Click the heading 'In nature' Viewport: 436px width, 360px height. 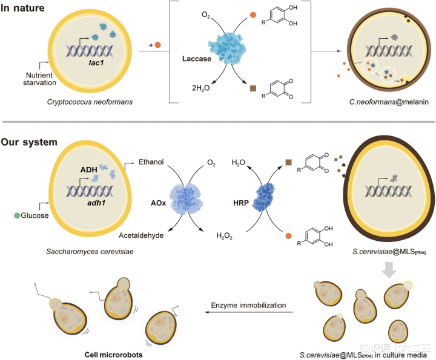(x=22, y=8)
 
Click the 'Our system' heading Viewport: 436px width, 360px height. (x=29, y=142)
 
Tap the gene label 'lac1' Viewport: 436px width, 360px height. (x=96, y=63)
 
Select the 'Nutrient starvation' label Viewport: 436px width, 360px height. (x=39, y=79)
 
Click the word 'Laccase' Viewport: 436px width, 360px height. (x=197, y=59)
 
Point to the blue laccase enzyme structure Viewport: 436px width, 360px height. (x=227, y=48)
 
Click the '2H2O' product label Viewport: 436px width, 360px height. (x=201, y=88)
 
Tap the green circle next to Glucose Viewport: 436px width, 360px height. (x=17, y=215)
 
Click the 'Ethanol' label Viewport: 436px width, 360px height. (x=151, y=162)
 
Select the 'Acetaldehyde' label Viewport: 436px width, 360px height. (x=141, y=235)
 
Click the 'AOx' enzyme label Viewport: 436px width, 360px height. (x=158, y=203)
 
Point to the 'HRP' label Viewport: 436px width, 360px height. (x=241, y=203)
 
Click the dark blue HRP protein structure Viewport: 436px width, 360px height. (x=263, y=197)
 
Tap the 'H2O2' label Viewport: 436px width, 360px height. (x=224, y=236)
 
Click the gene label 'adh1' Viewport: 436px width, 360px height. (x=96, y=203)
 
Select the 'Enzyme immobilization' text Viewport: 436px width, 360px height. (x=248, y=306)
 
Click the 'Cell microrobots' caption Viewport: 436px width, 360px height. (x=113, y=355)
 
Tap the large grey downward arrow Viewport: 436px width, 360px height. (x=389, y=269)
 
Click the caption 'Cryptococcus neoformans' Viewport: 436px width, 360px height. (x=90, y=102)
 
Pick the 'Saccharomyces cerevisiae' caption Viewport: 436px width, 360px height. (x=90, y=251)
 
